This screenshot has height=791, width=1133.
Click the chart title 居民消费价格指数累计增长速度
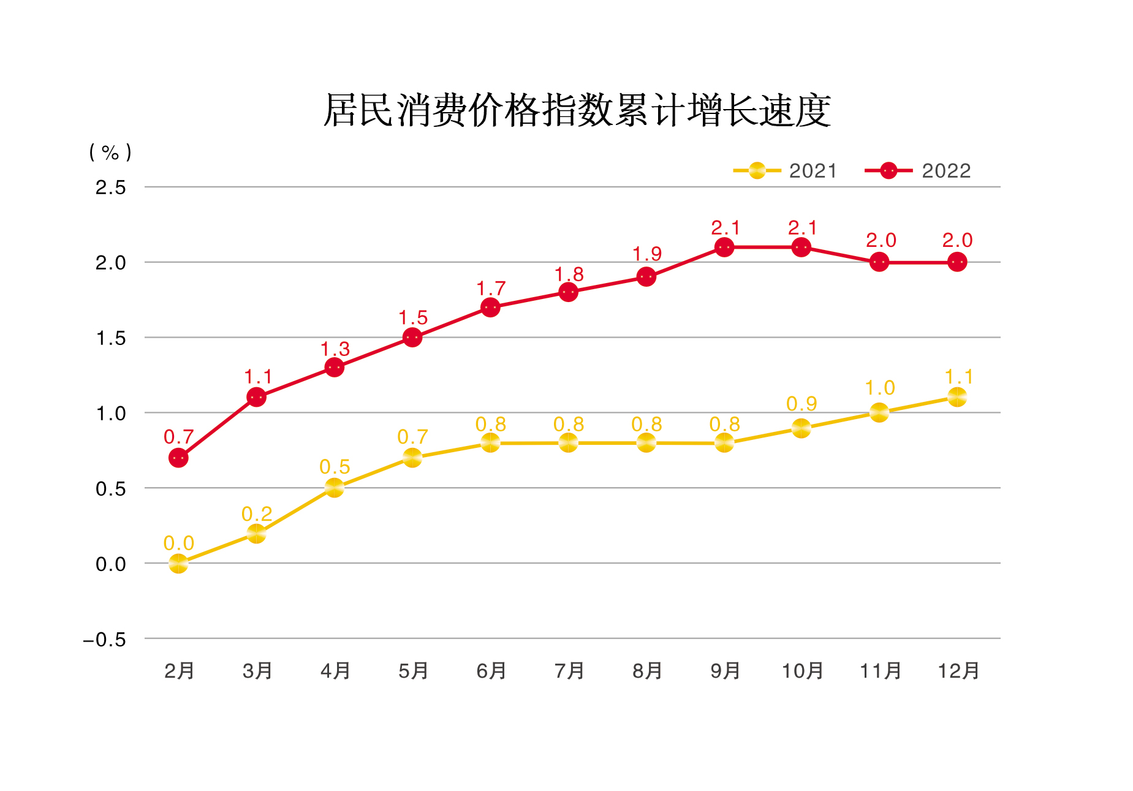pos(577,111)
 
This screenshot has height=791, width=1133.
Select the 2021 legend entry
pos(785,170)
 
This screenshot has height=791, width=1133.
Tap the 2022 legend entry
pos(917,170)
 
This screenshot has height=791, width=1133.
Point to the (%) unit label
pos(110,152)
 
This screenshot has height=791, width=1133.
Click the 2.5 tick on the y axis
pos(110,187)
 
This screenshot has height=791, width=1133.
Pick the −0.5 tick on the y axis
pos(105,640)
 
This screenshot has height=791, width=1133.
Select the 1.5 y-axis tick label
pos(110,338)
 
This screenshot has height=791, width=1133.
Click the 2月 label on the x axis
pos(179,671)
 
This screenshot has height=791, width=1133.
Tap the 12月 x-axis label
pos(958,671)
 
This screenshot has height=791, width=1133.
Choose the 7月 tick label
pos(569,671)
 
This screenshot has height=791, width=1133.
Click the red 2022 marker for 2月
pos(178,458)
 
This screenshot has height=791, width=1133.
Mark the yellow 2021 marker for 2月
pos(178,563)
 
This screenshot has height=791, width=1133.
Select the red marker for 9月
pos(724,247)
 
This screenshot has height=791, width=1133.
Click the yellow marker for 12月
pos(957,397)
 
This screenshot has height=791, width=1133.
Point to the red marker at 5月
pos(412,337)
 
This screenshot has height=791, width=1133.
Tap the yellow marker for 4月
pos(335,488)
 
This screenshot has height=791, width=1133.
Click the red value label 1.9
pos(647,254)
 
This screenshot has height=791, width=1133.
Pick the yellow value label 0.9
pos(801,404)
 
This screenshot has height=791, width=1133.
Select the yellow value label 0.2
pos(257,513)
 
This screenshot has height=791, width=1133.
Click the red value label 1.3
pos(335,349)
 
